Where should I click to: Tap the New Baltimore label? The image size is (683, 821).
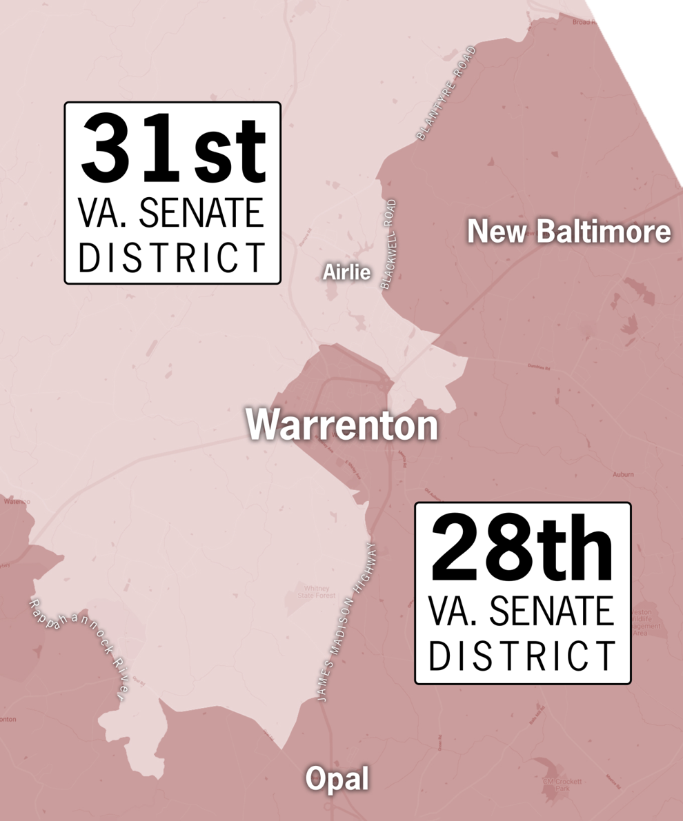568,232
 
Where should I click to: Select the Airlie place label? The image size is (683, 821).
346,273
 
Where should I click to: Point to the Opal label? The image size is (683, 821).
337,780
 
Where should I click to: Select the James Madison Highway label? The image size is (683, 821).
347,622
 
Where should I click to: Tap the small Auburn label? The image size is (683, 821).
622,474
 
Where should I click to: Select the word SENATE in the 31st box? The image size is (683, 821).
201,214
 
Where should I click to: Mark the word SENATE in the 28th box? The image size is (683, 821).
551,613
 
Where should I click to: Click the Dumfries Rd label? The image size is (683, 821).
541,366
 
